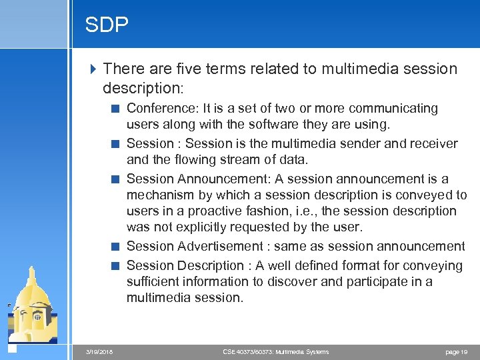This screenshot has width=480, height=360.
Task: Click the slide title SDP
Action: coord(107,25)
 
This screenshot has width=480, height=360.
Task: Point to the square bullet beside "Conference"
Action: coord(116,109)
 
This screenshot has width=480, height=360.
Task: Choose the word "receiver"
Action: coord(433,143)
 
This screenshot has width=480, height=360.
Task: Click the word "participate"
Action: coord(373,281)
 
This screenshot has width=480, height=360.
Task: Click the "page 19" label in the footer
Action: coord(457,351)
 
